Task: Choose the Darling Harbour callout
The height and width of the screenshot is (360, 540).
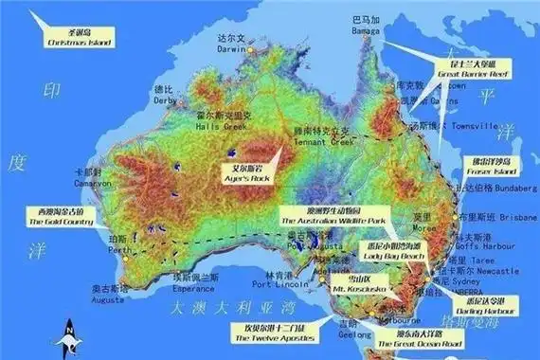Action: tap(490, 305)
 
